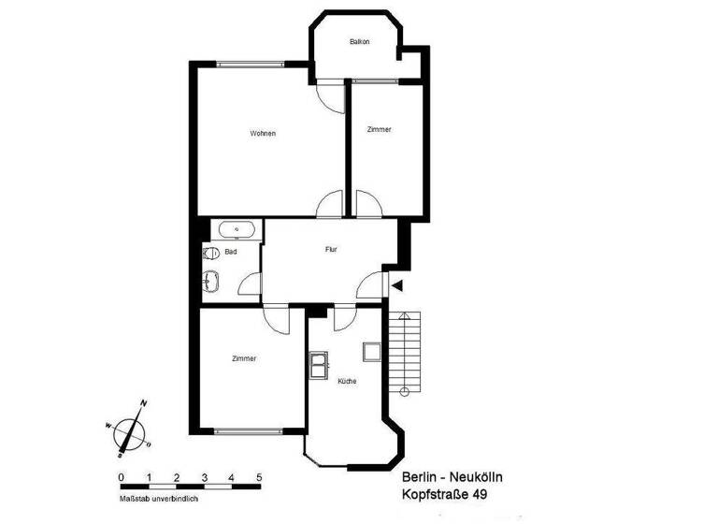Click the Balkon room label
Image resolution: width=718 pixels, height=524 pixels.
(359, 42)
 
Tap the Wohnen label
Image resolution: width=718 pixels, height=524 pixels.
(263, 134)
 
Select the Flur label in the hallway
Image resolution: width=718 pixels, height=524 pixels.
(331, 250)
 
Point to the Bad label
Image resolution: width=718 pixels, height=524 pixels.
(230, 253)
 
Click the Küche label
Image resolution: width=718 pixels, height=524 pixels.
(347, 381)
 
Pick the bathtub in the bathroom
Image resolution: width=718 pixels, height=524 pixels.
(237, 229)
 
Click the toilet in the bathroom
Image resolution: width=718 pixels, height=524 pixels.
(210, 253)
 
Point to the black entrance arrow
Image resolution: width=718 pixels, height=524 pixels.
(397, 285)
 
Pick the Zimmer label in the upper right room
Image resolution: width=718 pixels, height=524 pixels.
(379, 130)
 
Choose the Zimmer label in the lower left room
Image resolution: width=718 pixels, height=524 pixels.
(244, 358)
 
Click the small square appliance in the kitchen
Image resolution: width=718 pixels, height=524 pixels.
(371, 352)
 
